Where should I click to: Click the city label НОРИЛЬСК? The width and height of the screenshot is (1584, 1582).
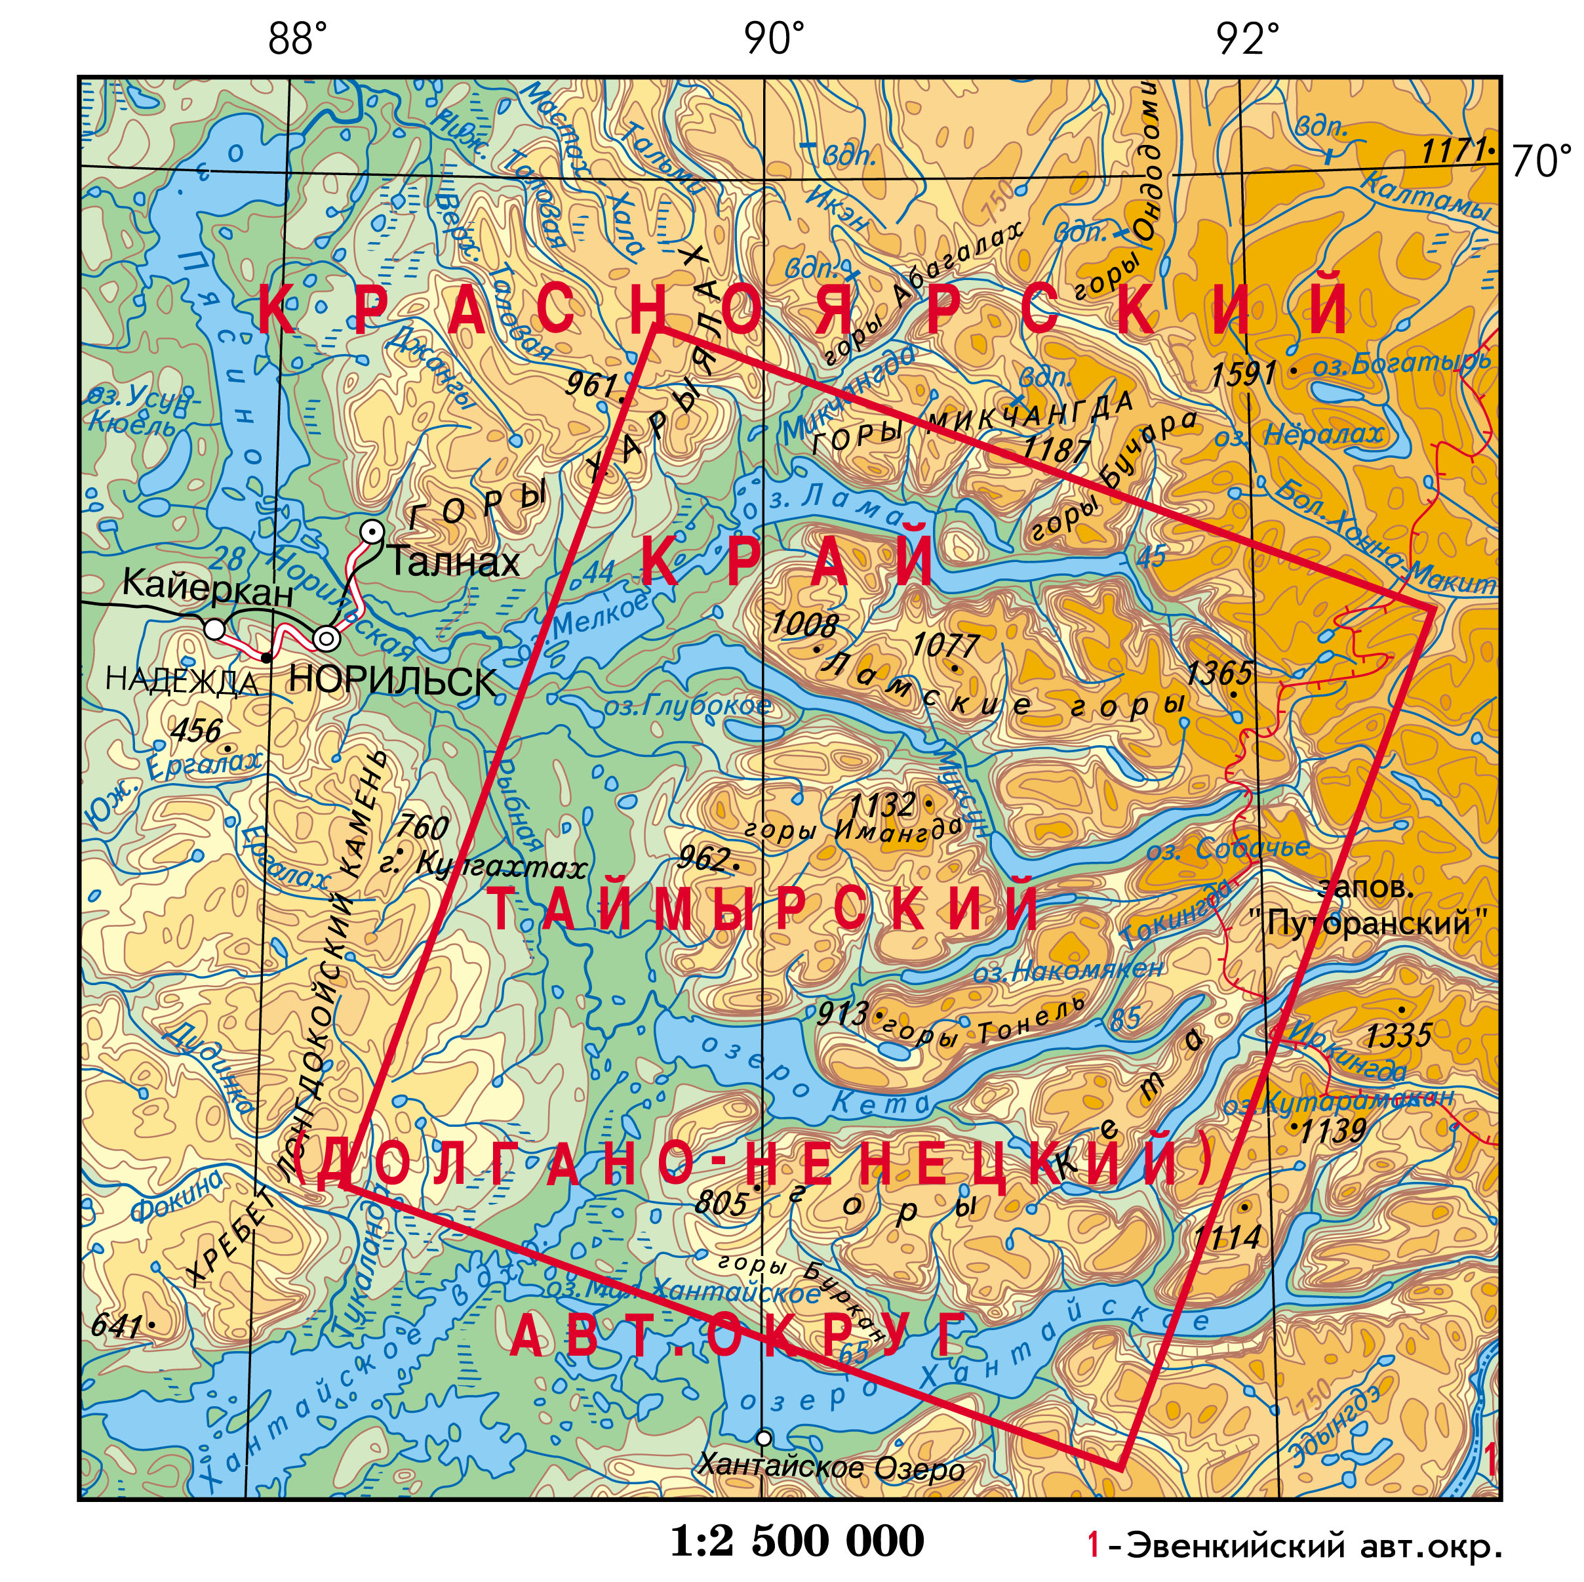392,681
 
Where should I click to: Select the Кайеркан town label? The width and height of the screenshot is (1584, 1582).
207,586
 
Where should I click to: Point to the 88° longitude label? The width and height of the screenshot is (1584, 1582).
297,39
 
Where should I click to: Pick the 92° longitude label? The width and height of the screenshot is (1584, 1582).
1246,39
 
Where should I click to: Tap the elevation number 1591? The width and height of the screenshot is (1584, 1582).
1243,375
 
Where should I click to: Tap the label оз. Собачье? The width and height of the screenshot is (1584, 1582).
1227,849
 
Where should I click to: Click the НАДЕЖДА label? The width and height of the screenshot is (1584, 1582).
182,681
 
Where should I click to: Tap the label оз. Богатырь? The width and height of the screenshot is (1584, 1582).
1400,363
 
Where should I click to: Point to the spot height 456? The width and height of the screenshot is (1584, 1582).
196,730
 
